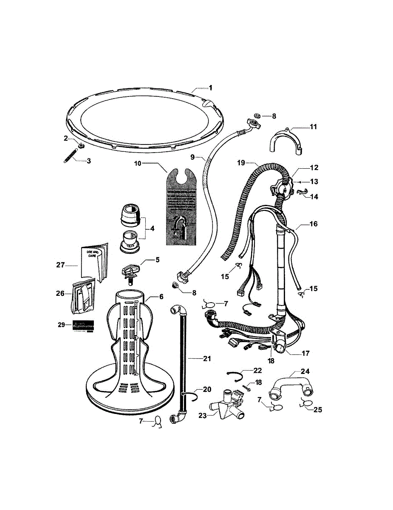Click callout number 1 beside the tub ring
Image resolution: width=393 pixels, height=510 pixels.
(x=210, y=88)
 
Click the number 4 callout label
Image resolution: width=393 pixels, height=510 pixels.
(x=152, y=228)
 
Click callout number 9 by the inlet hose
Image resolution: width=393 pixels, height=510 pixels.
(x=192, y=157)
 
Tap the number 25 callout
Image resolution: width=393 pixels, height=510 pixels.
(x=317, y=410)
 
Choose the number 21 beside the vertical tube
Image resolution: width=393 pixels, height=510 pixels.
(x=206, y=359)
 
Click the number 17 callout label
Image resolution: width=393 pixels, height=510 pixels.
(x=305, y=353)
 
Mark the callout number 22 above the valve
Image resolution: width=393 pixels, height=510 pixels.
(x=258, y=370)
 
